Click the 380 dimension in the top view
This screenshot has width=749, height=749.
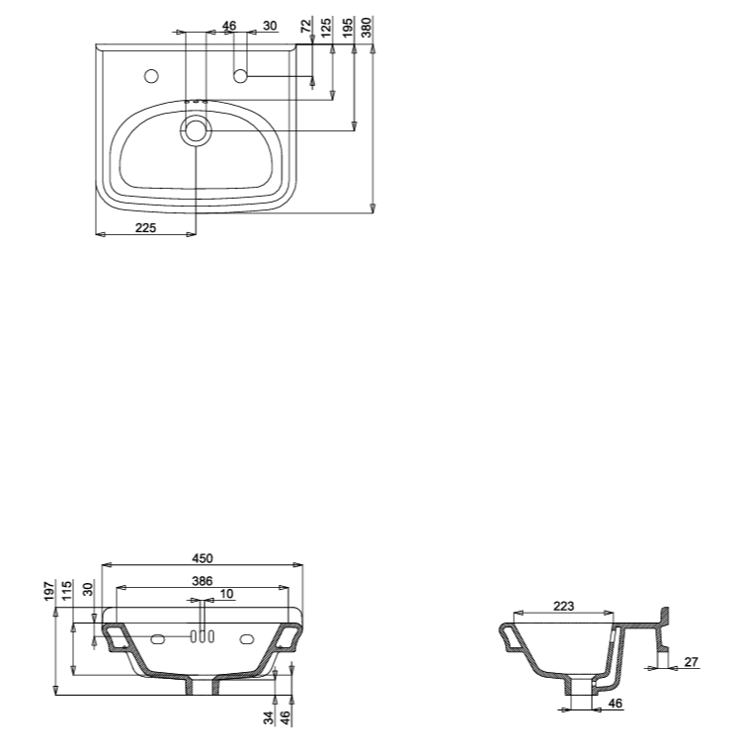click(x=368, y=28)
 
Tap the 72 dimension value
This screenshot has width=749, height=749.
click(x=306, y=26)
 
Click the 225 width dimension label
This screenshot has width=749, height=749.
click(x=145, y=227)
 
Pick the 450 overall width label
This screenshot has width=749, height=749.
click(x=202, y=558)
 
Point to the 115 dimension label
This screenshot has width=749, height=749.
click(x=68, y=591)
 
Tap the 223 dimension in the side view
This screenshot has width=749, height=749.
click(x=564, y=606)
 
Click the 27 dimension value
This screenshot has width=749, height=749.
click(x=690, y=661)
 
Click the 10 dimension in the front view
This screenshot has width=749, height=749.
click(x=227, y=594)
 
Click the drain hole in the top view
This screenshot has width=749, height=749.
click(x=196, y=131)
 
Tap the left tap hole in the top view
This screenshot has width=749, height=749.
click(x=152, y=75)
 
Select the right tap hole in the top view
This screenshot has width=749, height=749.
click(x=240, y=75)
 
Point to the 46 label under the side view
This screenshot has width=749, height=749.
click(x=614, y=704)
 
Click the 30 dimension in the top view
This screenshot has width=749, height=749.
click(x=270, y=26)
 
